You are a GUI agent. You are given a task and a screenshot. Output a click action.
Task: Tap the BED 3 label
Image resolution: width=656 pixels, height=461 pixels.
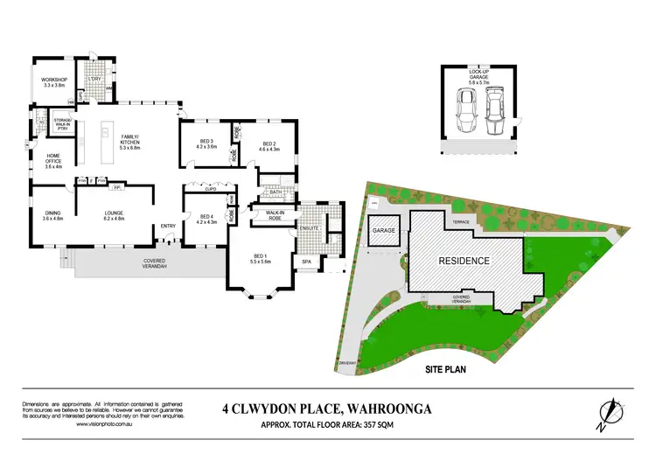coord(206,144)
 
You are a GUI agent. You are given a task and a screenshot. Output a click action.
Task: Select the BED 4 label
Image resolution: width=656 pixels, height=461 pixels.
coord(206,219)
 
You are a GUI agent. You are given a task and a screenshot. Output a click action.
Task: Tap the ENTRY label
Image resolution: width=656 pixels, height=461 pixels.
coord(168,227)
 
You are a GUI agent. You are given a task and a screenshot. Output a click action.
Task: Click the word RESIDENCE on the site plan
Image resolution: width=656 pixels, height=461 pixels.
coord(464,261)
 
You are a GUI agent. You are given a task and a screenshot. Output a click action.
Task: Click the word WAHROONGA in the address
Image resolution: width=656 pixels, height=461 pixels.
coord(393,407)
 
